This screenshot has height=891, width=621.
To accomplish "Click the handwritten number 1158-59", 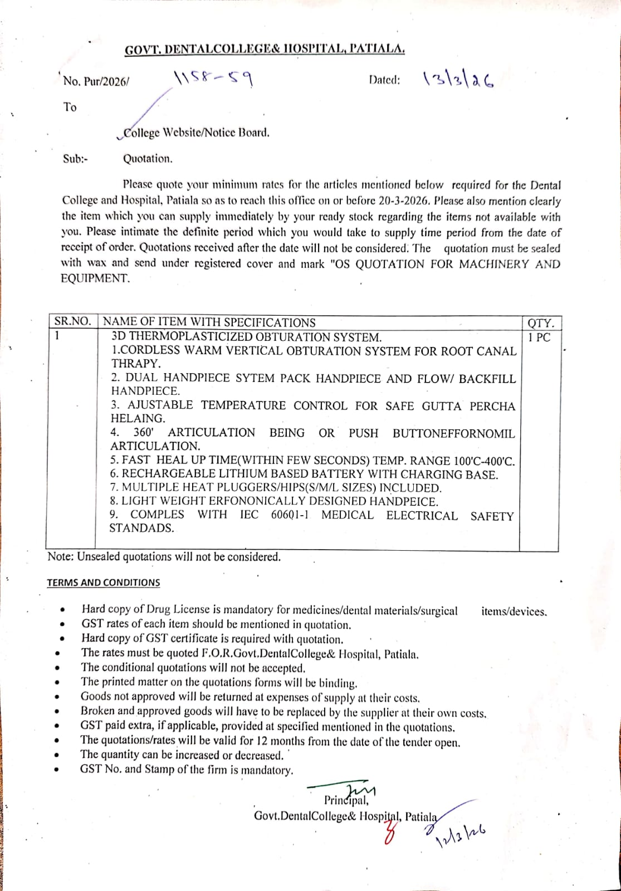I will pos(214,80).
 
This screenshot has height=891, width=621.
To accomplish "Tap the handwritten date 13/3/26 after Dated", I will pos(458,81).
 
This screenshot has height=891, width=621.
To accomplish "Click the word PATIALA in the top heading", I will pos(376,49).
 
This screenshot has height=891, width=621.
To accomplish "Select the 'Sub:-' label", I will pos(75,159).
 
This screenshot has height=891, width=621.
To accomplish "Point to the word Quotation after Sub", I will pos(148,159).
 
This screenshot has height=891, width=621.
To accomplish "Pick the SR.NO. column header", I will pos(72,322).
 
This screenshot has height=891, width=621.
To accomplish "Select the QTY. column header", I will pos(540,323).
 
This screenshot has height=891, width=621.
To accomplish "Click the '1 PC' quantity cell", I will pos(539,337).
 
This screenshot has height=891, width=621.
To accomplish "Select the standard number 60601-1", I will pos(289,515).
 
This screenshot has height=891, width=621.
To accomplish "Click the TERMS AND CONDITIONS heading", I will pos(103,582).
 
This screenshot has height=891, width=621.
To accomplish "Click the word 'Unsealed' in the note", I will pos(99,557).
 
